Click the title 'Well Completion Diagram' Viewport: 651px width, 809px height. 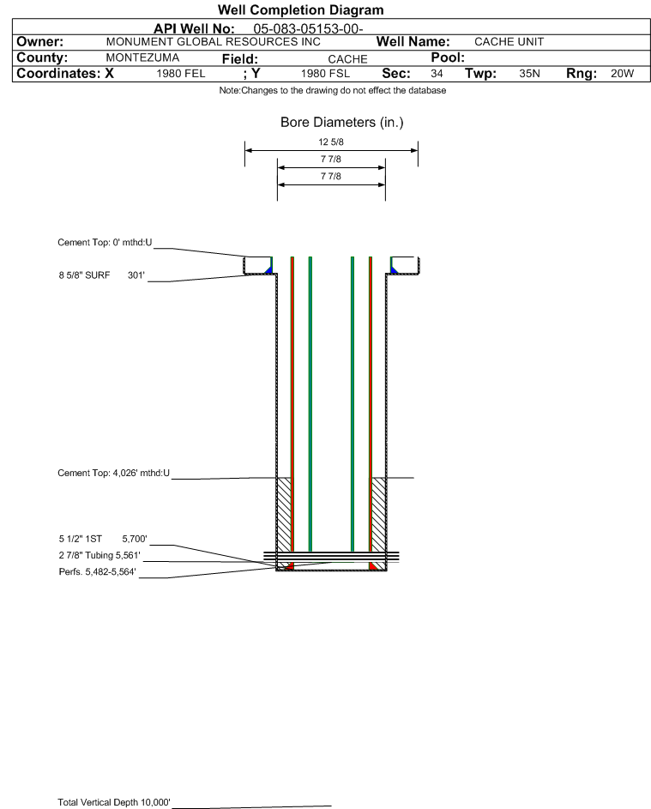pos(300,9)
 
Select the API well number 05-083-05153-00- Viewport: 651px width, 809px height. pos(308,29)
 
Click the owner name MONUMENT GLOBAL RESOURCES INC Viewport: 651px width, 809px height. pos(213,42)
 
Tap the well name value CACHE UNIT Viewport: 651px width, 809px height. pos(509,42)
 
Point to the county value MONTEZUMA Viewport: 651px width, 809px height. pos(142,57)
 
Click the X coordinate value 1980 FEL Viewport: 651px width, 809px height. pos(180,74)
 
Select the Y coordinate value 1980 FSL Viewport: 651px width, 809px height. pos(325,74)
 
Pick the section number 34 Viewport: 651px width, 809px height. pos(437,74)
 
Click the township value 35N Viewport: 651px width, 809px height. pos(529,74)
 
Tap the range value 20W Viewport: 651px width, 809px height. pos(622,74)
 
